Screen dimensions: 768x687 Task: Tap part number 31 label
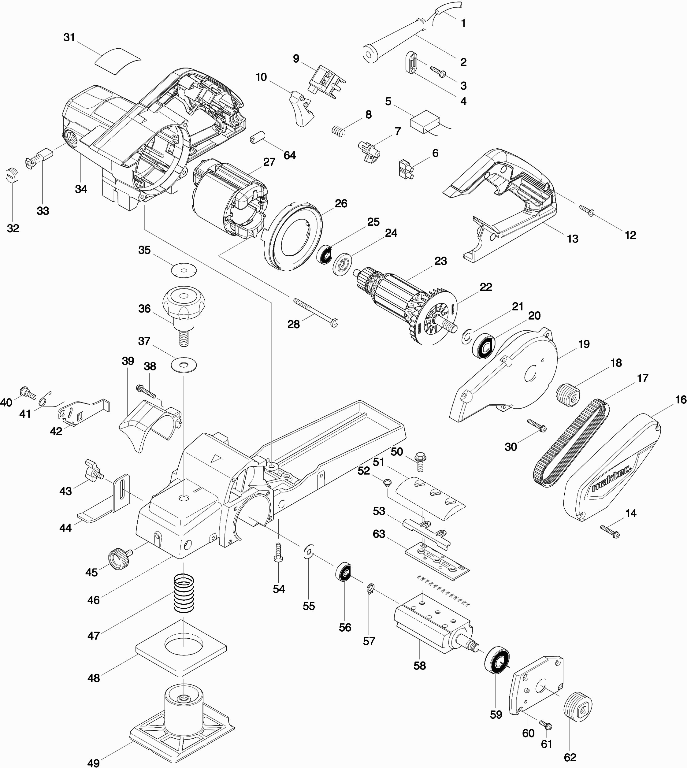(x=69, y=37)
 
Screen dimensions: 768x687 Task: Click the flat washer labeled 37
(x=184, y=365)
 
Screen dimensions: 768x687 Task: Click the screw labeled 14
(x=610, y=532)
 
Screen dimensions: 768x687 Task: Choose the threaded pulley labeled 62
(x=577, y=707)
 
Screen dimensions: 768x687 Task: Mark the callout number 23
(x=440, y=261)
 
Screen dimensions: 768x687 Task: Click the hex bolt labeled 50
(x=420, y=461)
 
